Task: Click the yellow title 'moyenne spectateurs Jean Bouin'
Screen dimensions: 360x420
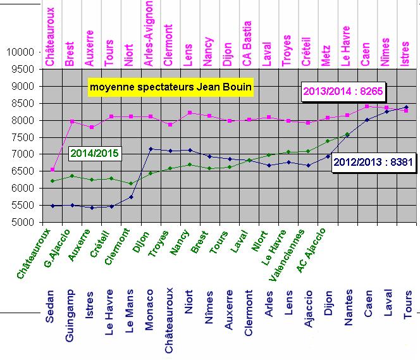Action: coord(170,86)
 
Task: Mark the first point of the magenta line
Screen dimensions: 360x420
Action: coord(52,170)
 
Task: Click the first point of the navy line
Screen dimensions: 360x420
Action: coord(52,206)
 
